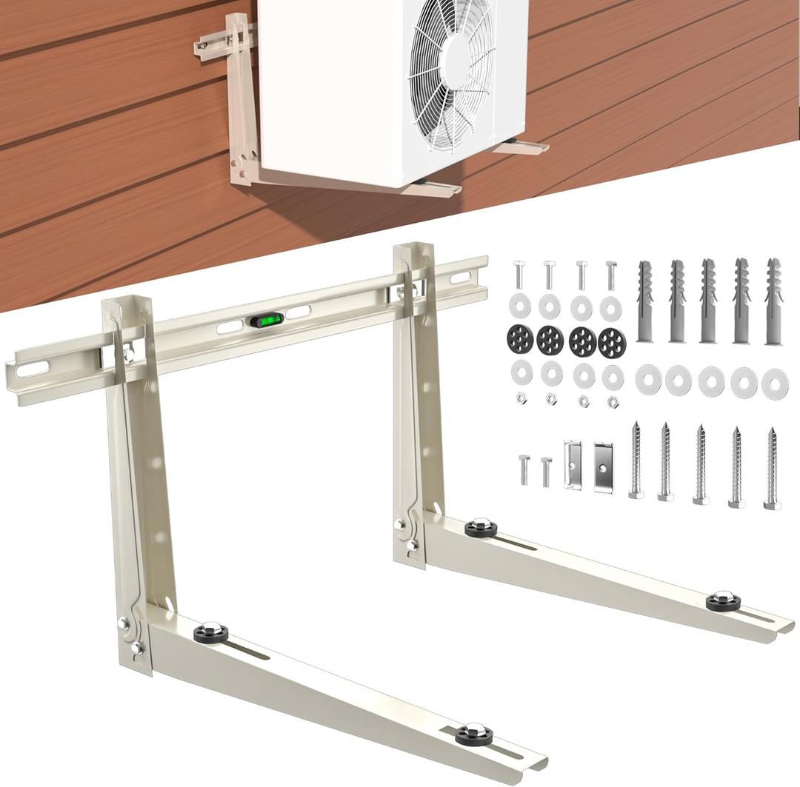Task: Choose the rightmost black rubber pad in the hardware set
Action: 612,341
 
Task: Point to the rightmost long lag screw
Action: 772,468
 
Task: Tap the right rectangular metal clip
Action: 603,466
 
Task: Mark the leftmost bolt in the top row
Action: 517,275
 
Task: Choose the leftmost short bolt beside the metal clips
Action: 523,470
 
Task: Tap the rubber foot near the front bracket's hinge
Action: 210,632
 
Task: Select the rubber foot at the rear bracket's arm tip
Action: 723,600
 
